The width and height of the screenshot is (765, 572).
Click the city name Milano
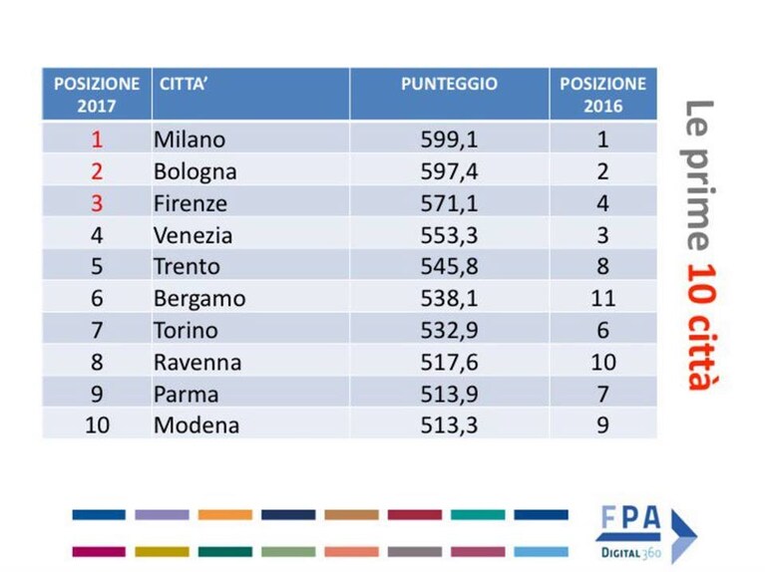[x=190, y=140]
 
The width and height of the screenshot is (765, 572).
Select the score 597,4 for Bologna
[x=449, y=171]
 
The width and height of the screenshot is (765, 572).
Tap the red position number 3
[x=97, y=203]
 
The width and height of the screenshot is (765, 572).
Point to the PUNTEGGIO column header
[x=449, y=84]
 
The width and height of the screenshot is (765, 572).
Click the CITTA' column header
[x=184, y=84]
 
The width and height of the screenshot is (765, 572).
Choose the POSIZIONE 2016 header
[x=603, y=95]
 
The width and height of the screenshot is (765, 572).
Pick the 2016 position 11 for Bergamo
[x=603, y=298]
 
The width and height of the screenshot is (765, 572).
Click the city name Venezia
[x=192, y=235]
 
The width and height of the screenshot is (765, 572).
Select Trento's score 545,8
[x=449, y=267]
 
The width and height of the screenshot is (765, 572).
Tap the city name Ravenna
[x=197, y=363]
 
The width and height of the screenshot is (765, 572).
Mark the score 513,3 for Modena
[x=449, y=426]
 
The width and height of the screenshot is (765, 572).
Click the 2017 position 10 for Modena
[x=97, y=426]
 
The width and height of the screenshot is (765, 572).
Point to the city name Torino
[x=186, y=331]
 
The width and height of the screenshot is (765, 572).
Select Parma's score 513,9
[x=449, y=394]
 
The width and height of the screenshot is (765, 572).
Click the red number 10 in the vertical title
[x=701, y=283]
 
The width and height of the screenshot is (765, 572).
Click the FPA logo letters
[x=630, y=518]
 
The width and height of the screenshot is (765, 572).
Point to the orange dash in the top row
[x=225, y=515]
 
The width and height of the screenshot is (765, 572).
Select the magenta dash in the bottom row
[x=99, y=551]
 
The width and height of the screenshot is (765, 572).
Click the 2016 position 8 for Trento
[x=603, y=267]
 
